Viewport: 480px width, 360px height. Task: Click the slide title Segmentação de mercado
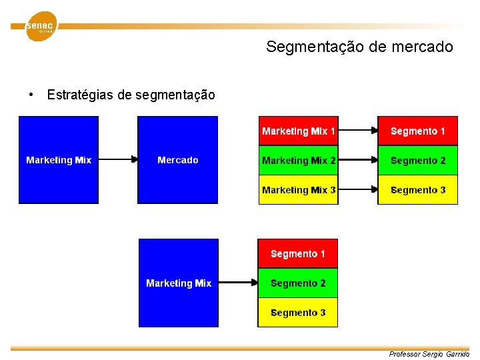[359, 47]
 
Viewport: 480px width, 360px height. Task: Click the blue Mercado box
[178, 160]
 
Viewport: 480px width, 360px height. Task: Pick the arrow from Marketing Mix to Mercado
[118, 160]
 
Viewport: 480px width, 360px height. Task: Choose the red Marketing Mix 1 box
[299, 131]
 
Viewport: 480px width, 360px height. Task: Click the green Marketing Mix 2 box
[299, 161]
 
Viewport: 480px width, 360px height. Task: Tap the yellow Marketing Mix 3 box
[299, 190]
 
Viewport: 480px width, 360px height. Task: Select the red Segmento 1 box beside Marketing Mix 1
[418, 131]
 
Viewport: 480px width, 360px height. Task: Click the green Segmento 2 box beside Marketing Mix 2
[418, 161]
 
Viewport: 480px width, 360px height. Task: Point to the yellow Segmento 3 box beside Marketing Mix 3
[418, 190]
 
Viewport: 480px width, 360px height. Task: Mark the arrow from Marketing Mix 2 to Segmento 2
[358, 161]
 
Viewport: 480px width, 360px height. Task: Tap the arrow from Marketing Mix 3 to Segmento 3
[358, 190]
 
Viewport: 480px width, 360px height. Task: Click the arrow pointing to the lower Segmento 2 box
[238, 283]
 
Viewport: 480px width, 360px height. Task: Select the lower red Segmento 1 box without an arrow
[298, 254]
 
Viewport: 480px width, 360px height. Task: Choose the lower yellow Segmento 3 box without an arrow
[298, 313]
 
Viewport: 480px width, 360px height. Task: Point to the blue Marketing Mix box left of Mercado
[59, 160]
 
